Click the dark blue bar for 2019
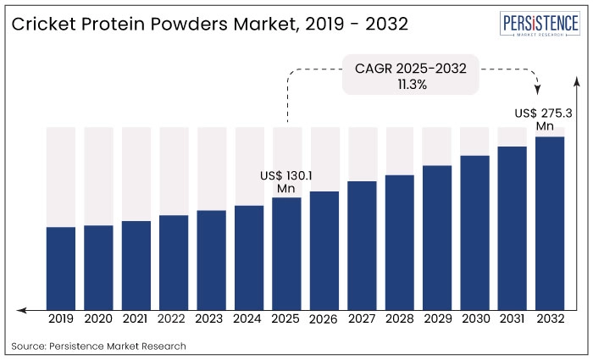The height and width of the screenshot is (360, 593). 61,267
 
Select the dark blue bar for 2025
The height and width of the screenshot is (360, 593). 287,252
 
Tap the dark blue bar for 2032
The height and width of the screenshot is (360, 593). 550,222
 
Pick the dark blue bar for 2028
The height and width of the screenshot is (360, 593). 400,241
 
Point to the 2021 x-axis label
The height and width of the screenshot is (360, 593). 136,319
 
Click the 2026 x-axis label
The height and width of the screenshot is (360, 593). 324,320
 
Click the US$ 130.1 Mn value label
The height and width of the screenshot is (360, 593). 286,181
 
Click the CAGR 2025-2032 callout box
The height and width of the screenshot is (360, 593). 410,76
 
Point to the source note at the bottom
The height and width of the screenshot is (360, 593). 98,346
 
